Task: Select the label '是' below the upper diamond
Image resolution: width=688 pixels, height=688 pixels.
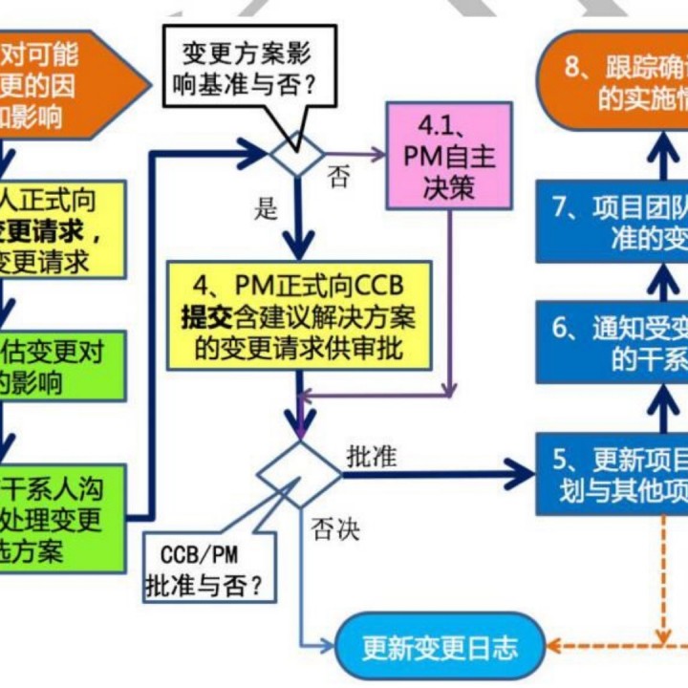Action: click(x=266, y=208)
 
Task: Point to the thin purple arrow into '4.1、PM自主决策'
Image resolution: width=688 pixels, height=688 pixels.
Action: click(x=358, y=150)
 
